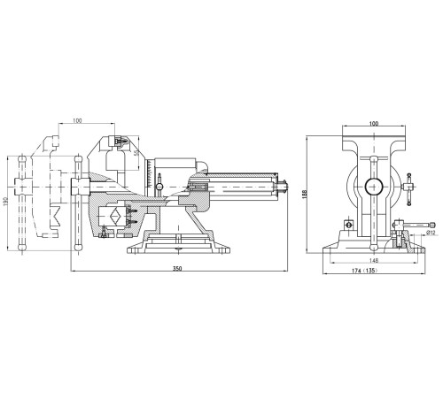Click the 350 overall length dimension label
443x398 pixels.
click(179, 268)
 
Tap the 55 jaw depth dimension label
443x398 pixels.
click(136, 153)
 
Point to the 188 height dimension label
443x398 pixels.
click(306, 194)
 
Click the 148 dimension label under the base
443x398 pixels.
click(374, 260)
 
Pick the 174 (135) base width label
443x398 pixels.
click(364, 271)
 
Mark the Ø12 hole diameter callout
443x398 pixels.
click(431, 233)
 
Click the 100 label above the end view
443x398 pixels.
click(374, 124)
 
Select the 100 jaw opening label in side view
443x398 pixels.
click(77, 120)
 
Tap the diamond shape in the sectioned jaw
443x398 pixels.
click(115, 216)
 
